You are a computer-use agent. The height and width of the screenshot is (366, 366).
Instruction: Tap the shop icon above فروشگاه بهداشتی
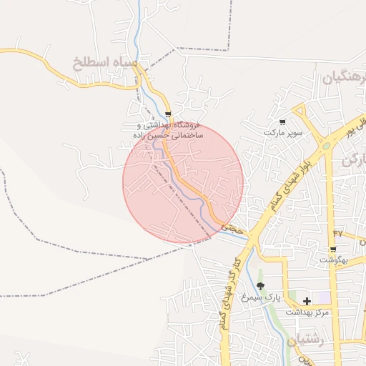(x=168, y=114)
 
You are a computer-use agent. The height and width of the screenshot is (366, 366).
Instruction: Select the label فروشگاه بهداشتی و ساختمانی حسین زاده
(x=169, y=129)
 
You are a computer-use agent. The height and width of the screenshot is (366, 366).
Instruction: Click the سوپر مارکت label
(x=283, y=133)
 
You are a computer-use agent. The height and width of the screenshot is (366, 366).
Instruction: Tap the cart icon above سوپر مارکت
(x=282, y=122)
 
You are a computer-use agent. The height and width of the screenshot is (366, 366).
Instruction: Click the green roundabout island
(x=326, y=145)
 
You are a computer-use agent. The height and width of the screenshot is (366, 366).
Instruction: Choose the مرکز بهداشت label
(x=307, y=312)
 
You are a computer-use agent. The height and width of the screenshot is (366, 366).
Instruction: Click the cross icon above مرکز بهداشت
(x=307, y=302)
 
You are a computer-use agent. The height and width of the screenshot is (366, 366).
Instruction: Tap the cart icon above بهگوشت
(x=333, y=249)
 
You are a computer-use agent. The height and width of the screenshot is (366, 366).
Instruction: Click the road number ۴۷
(x=337, y=233)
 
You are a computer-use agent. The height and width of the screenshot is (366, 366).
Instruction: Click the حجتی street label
(x=236, y=229)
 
